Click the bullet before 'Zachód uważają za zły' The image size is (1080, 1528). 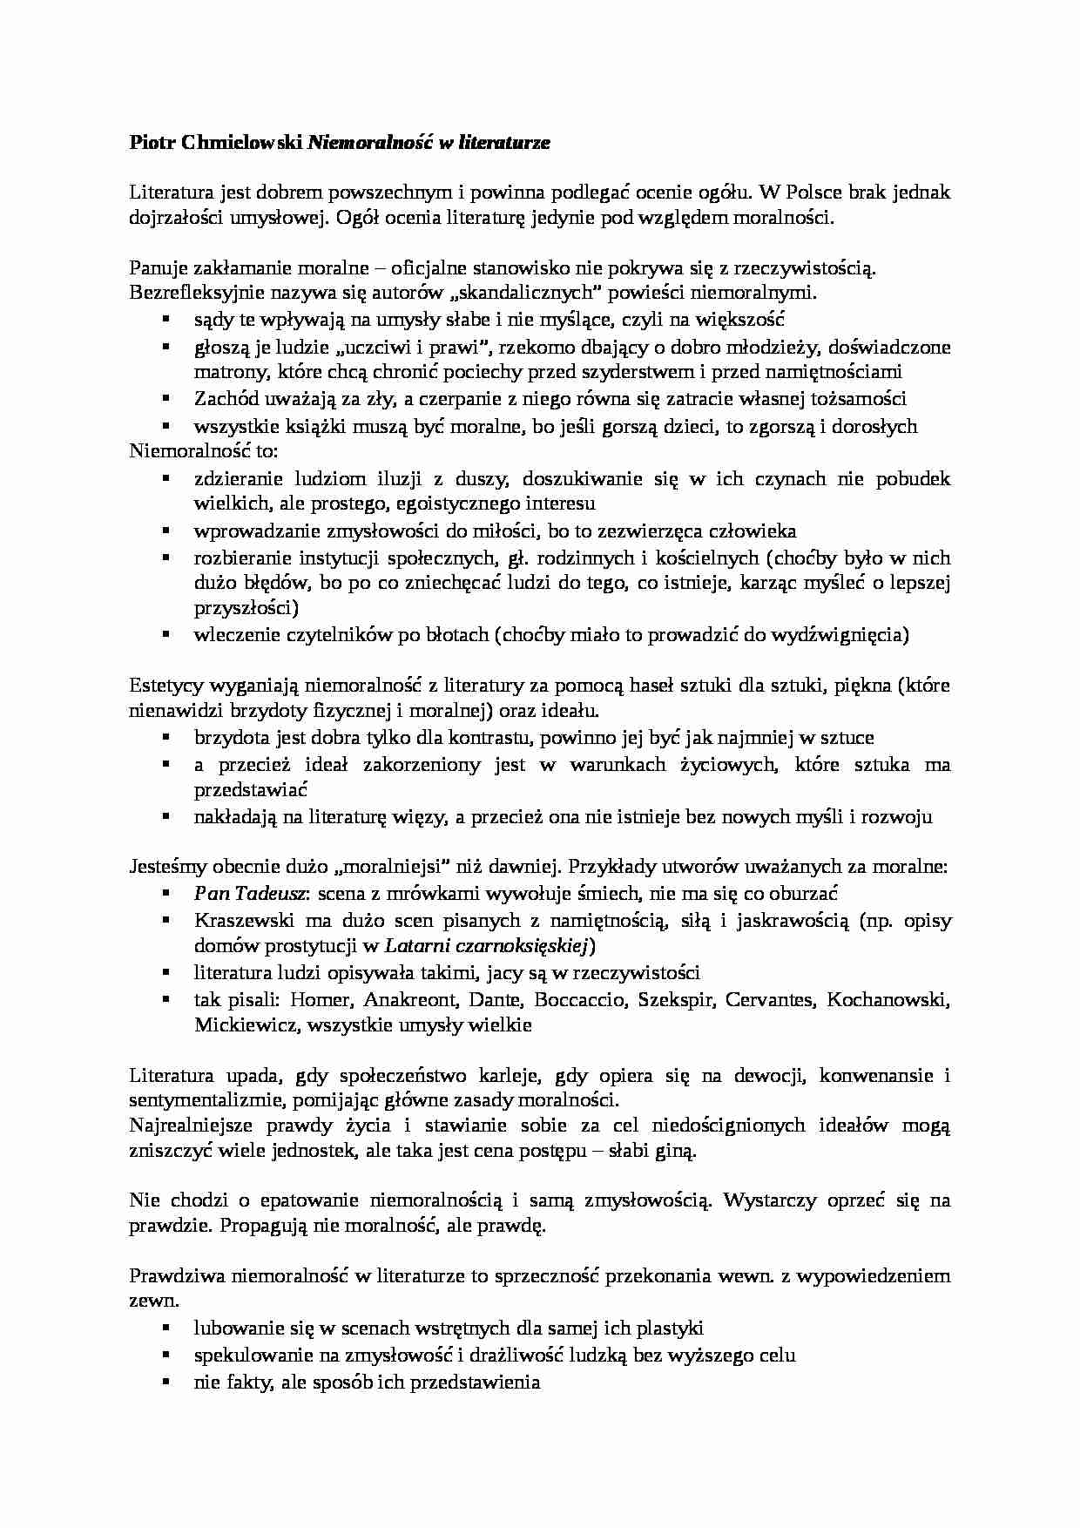165,398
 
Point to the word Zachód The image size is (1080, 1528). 224,399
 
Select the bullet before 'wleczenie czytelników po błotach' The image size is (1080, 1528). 165,634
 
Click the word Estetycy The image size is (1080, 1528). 164,686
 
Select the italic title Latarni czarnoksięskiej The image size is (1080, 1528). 488,945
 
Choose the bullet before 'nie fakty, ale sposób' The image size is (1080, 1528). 165,1381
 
